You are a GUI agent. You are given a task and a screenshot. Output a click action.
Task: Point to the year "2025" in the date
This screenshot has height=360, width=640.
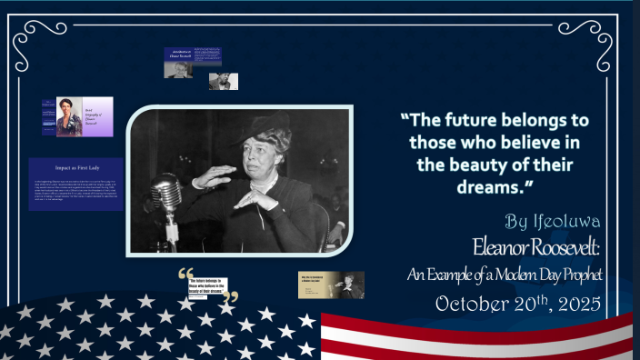[573, 304]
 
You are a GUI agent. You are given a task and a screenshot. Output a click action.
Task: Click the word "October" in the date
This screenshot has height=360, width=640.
[469, 304]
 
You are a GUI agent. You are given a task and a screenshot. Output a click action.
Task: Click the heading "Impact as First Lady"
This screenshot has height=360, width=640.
[75, 168]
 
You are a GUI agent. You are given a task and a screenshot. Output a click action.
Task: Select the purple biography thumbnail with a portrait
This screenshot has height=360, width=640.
[85, 116]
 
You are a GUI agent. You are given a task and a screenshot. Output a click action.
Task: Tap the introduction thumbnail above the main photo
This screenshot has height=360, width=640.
[193, 62]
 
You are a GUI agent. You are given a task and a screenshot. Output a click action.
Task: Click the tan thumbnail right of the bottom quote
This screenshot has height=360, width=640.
[331, 285]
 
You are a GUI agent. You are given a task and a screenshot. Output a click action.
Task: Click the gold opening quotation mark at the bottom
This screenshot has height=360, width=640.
[186, 274]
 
